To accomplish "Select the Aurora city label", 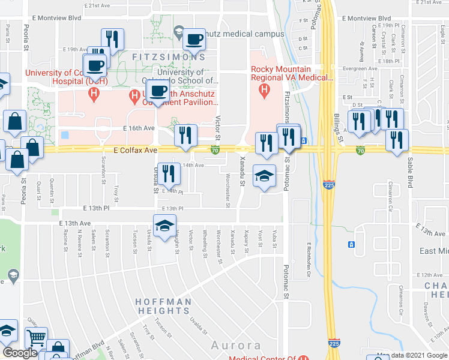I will tap(236, 346).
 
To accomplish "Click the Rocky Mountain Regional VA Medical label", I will tap(292, 73).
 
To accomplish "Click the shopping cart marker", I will tap(37, 339).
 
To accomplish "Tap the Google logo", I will tap(19, 353).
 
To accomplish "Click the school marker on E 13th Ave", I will tap(163, 226).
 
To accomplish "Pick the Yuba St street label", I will tap(274, 238).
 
